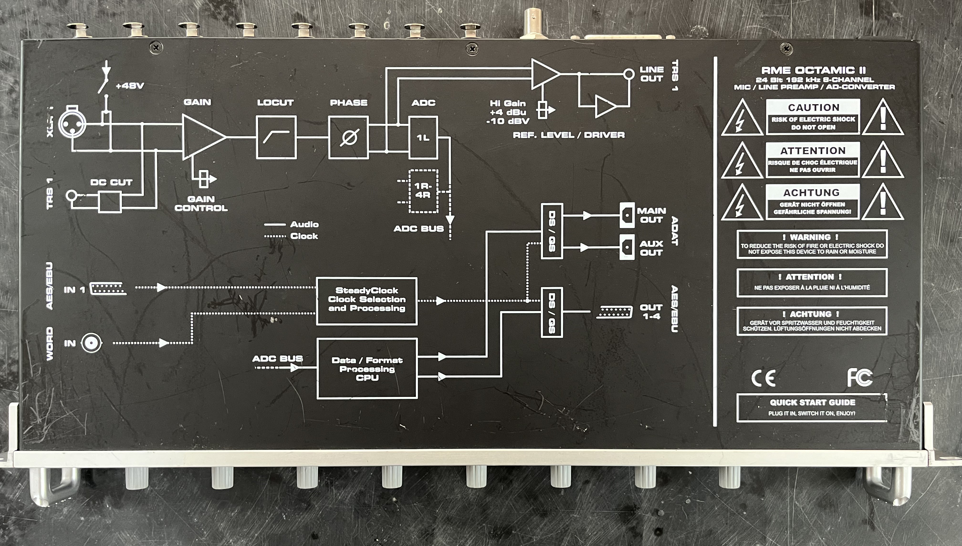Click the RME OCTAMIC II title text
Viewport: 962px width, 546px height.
[813, 70]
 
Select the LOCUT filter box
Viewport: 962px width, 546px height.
[276, 137]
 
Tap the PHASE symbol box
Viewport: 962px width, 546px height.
[348, 137]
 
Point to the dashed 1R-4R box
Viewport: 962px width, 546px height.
[423, 191]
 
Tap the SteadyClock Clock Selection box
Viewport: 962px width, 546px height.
[367, 300]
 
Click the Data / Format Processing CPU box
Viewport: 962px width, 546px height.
[367, 368]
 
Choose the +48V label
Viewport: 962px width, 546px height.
[130, 86]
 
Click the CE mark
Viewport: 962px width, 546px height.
[763, 378]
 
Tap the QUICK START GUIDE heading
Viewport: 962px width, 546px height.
[812, 402]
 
